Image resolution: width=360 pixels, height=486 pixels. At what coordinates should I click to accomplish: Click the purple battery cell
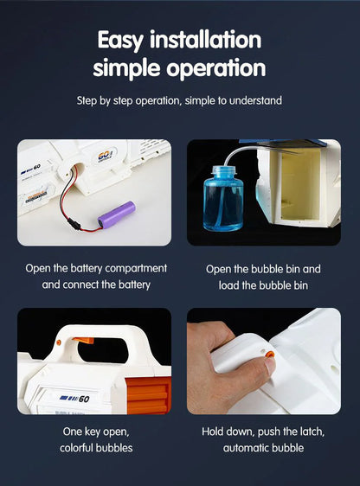pyautogui.click(x=117, y=214)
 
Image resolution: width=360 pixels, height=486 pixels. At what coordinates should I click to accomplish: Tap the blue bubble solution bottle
pyautogui.click(x=223, y=199)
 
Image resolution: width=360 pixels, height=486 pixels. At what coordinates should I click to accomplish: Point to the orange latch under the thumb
pyautogui.click(x=269, y=355)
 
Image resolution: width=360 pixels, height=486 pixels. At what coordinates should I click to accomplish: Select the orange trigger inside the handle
pyautogui.click(x=83, y=341)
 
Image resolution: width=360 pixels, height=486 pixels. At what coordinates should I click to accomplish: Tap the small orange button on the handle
pyautogui.click(x=58, y=342)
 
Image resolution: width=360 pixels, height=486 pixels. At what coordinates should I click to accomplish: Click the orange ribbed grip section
pyautogui.click(x=148, y=395)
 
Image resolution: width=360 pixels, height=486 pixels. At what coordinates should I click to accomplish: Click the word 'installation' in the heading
pyautogui.click(x=206, y=40)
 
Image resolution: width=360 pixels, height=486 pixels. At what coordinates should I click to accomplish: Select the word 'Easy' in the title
pyautogui.click(x=120, y=41)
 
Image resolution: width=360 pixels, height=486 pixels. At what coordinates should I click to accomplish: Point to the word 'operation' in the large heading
pyautogui.click(x=216, y=68)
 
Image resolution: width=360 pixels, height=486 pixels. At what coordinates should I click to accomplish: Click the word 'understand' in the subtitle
pyautogui.click(x=255, y=100)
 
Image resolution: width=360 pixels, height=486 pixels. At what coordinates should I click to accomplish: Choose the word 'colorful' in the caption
pyautogui.click(x=76, y=448)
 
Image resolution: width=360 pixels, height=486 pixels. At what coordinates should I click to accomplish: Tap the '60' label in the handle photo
pyautogui.click(x=84, y=399)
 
